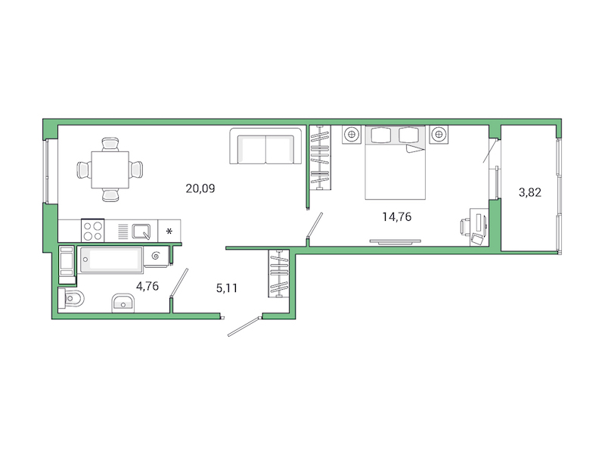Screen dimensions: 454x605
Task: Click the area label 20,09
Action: coord(200,188)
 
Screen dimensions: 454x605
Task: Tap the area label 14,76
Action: coord(396,217)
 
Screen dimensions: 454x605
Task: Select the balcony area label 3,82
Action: coord(530,192)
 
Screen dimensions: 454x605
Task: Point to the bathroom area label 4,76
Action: coord(147,286)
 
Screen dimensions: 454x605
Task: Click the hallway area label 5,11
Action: coord(228,288)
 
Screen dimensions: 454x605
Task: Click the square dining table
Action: coord(110,169)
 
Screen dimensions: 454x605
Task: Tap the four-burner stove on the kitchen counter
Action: coord(93,230)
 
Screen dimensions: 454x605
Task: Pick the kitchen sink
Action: coord(142,230)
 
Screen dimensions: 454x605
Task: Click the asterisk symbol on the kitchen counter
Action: coord(170,231)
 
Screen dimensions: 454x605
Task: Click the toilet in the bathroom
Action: coord(71,300)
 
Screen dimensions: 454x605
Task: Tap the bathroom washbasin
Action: coord(123,303)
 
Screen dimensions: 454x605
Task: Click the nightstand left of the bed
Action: coord(352,135)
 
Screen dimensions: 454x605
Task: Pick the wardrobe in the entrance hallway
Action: coord(280,273)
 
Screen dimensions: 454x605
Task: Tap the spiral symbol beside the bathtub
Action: coord(156,257)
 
